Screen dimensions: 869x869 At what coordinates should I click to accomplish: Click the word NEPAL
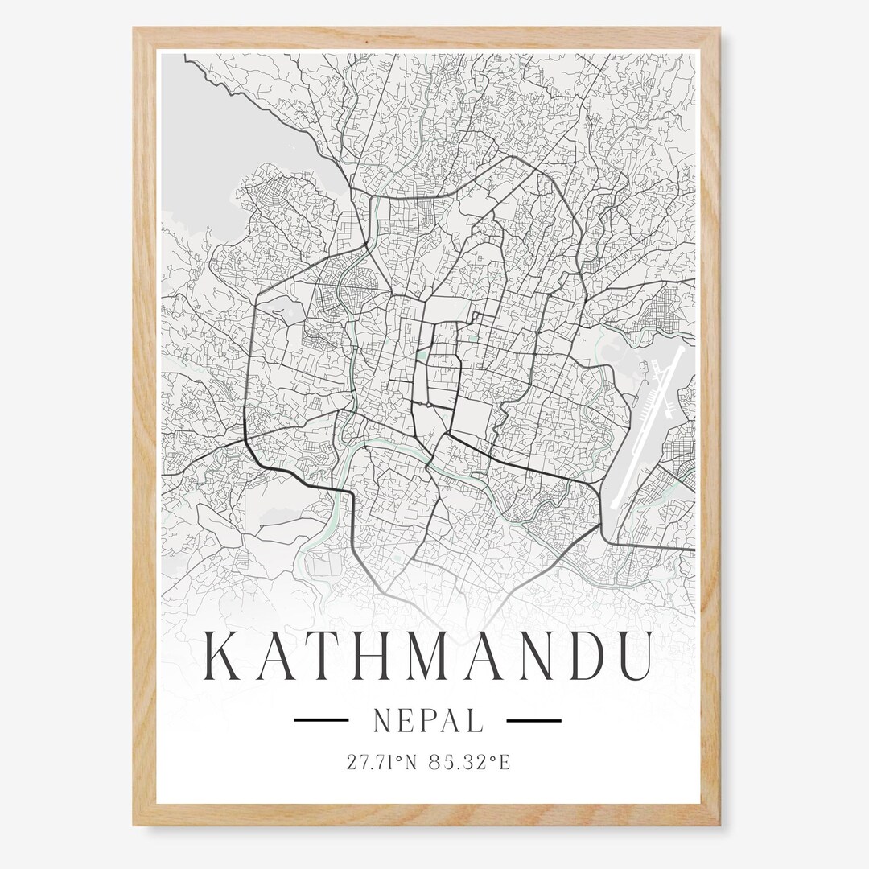[428, 721]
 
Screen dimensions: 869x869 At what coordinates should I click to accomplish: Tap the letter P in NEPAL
[429, 721]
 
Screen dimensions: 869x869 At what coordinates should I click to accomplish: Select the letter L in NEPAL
[476, 721]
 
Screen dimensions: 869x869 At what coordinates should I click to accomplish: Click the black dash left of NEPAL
[320, 720]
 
